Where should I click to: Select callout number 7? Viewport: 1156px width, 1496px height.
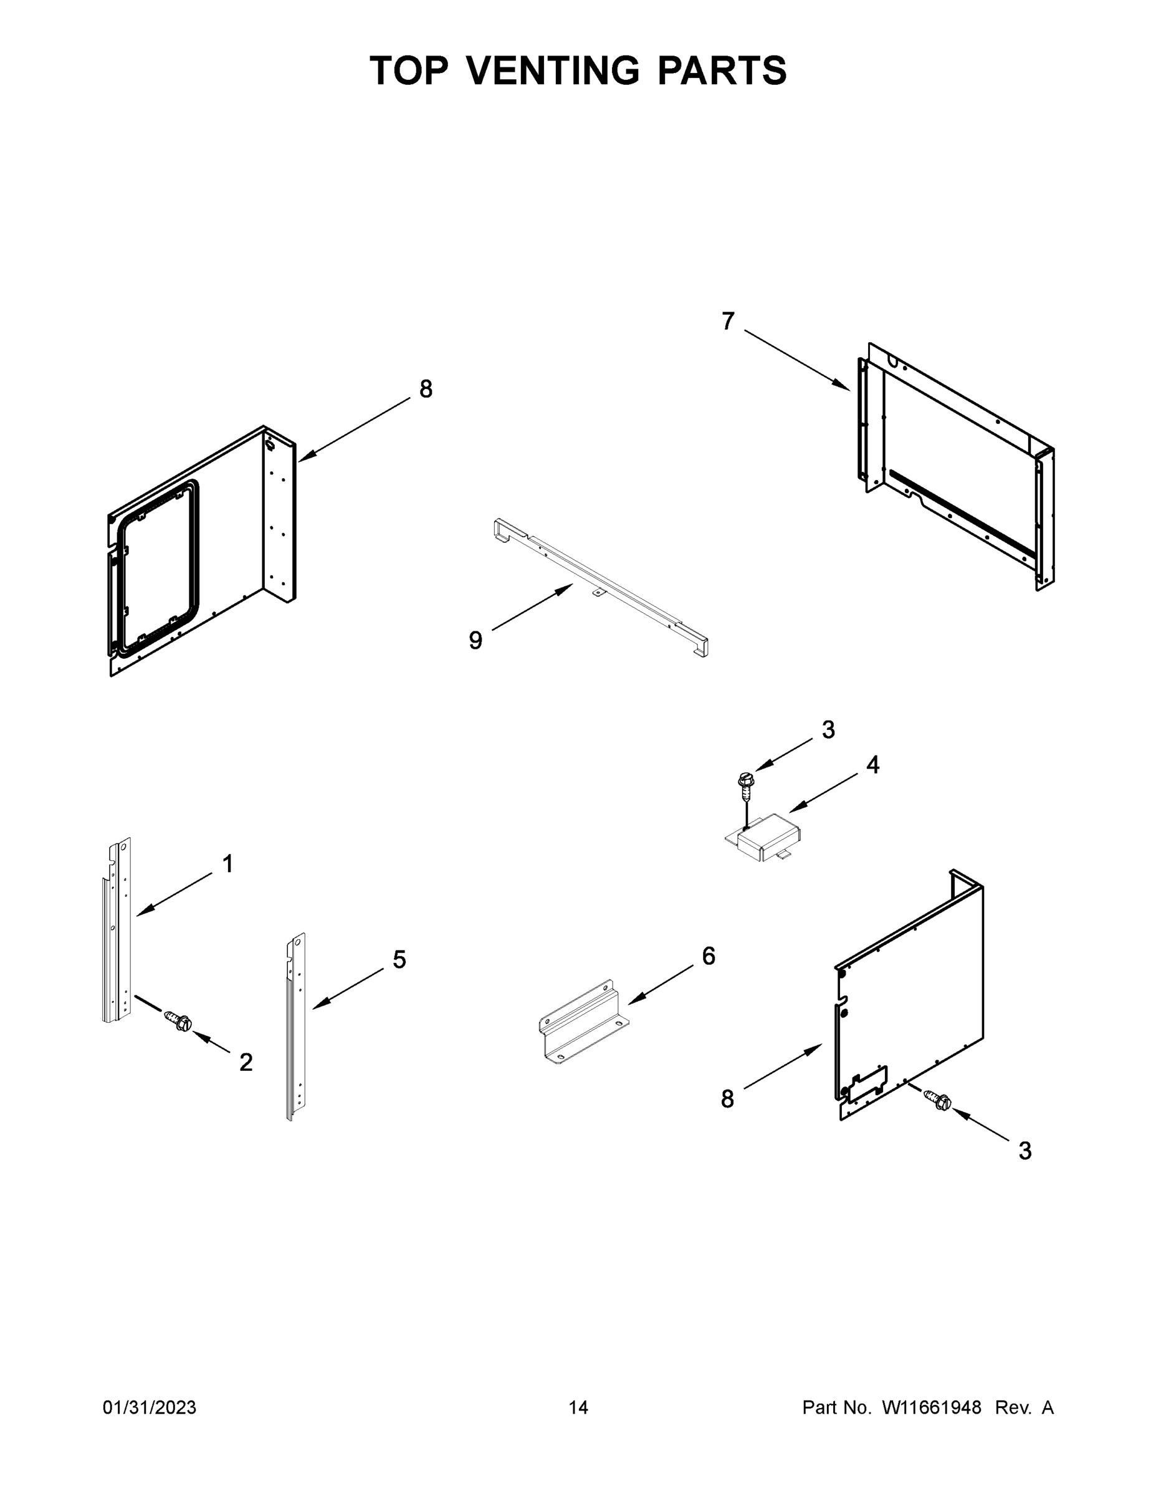(728, 320)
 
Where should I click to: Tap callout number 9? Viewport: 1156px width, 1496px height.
(475, 640)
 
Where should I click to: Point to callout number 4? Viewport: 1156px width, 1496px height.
(872, 764)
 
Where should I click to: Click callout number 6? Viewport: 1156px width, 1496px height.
(709, 956)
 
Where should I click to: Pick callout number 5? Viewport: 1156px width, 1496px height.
(399, 960)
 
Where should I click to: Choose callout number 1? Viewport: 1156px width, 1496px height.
(228, 865)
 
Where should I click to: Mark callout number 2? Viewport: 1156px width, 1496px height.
(246, 1062)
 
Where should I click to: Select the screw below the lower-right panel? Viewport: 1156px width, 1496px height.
(939, 1100)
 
